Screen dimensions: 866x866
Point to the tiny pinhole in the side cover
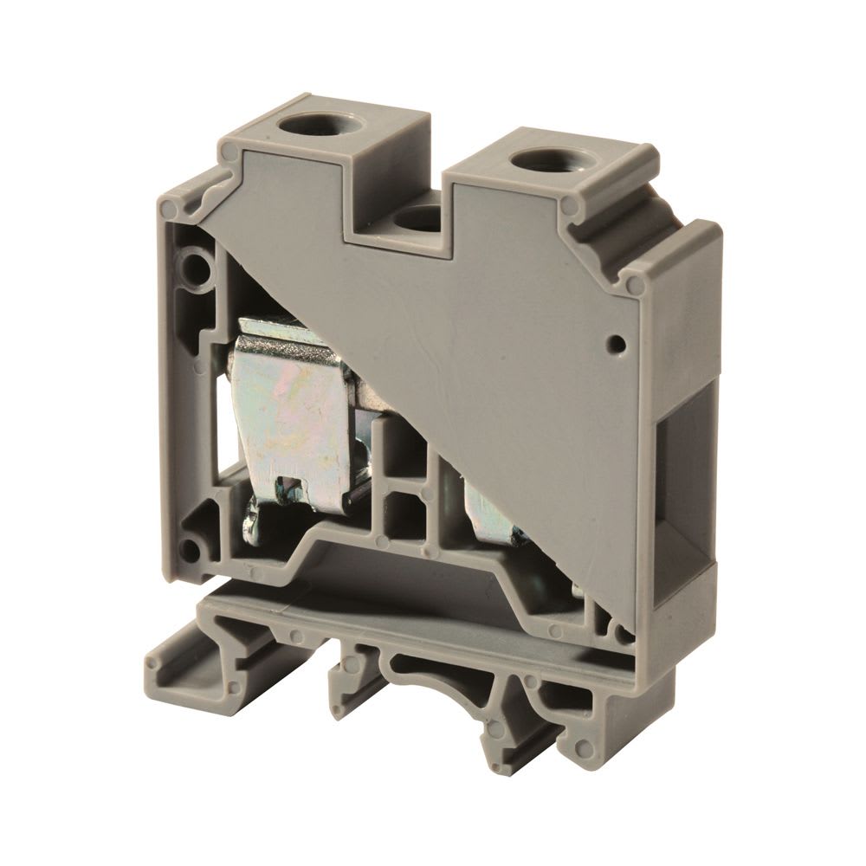point(617,344)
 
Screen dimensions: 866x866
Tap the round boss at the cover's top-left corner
point(230,154)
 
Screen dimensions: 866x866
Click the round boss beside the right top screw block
point(572,204)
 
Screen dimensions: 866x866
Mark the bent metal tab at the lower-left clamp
point(252,524)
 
